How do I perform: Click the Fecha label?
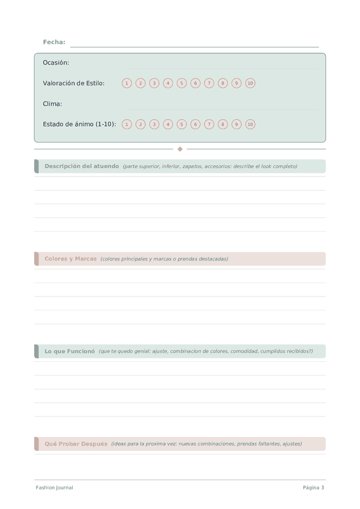(54, 42)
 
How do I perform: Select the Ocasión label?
(56, 62)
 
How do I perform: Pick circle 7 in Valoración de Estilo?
(209, 83)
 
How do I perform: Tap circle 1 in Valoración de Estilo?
(127, 83)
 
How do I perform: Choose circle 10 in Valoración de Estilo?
(250, 83)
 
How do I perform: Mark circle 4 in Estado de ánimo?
(168, 124)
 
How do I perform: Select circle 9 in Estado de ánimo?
(236, 124)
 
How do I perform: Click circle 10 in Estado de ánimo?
(250, 124)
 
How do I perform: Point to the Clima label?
(52, 104)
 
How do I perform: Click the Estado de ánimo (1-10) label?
(79, 124)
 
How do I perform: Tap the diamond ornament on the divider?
(180, 149)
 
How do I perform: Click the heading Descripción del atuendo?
(82, 166)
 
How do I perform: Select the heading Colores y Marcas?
(70, 259)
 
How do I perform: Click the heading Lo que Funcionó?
(70, 351)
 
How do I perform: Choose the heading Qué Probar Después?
(76, 444)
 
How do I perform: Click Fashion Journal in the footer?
(54, 487)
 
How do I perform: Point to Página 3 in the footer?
(313, 487)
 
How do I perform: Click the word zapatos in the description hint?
(192, 166)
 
